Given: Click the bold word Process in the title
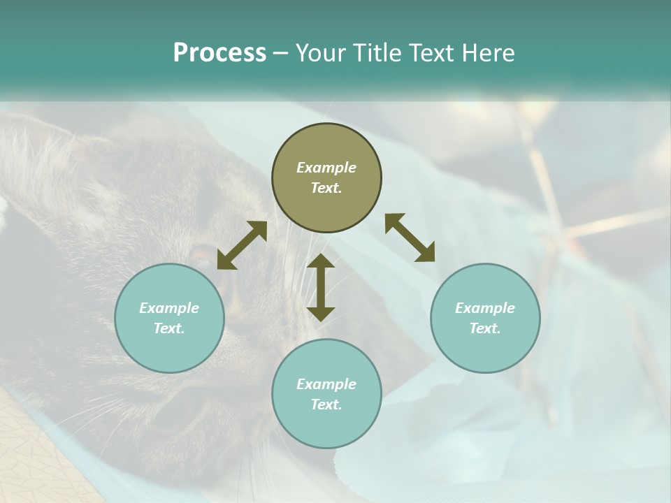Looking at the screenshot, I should [219, 53].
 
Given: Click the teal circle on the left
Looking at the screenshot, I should [169, 318].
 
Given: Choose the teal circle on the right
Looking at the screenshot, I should [485, 318].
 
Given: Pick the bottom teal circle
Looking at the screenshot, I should [326, 394].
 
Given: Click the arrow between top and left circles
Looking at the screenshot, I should [242, 245].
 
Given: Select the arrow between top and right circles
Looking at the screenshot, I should [410, 238].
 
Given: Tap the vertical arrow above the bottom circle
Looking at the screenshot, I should [321, 287].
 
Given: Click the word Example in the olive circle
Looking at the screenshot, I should [326, 168].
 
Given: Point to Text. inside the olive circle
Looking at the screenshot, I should [326, 188].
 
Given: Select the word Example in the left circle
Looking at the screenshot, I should [169, 308].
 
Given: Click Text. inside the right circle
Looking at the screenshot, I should [485, 328].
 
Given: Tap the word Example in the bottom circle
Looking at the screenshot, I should [326, 384].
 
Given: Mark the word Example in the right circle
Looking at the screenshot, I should [485, 308].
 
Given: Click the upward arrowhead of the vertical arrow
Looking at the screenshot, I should [321, 261].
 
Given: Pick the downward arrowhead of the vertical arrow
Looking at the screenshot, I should [321, 314].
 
